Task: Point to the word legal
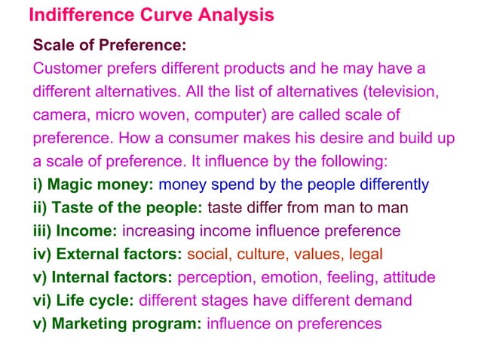[x=366, y=255]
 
